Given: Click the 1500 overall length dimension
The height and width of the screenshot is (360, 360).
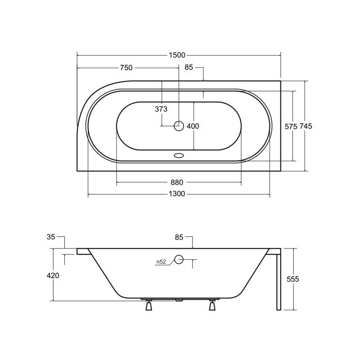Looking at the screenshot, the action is pos(177,55).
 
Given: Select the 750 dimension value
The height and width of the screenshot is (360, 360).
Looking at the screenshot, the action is pos(126,68).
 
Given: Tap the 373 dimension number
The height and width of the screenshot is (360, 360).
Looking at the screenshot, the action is pos(161,109).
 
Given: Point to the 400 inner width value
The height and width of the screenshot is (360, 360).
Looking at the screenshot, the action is pos(193,126).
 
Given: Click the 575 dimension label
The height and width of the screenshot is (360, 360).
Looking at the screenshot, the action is pos(291,126).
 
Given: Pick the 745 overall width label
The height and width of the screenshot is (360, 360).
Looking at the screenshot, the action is pos(306,126).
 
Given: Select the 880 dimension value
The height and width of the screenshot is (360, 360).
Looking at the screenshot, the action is pos(177,183).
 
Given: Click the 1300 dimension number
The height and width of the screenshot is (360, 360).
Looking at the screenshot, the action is pos(177,194).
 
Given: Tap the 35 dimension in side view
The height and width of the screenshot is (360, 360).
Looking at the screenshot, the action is pos(51,237).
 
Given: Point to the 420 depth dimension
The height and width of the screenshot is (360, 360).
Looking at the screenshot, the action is pos(53,275).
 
